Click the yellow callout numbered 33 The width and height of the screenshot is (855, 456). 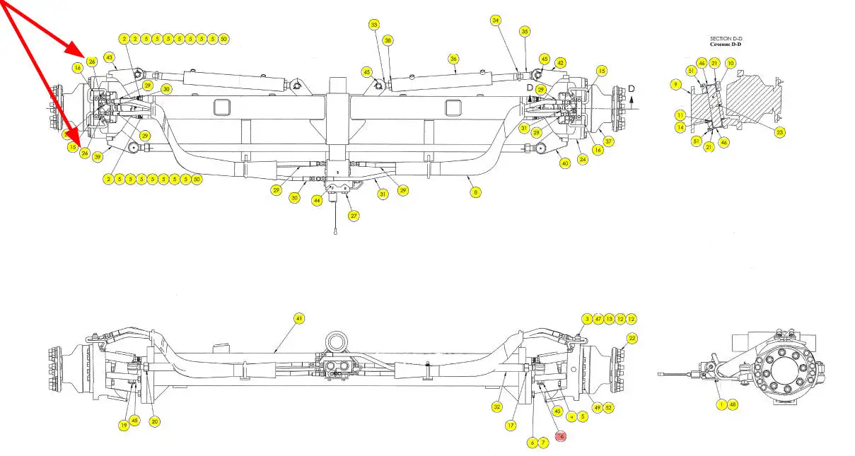(374, 25)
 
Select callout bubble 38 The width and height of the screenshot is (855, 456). (388, 41)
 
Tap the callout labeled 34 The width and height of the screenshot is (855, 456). (496, 21)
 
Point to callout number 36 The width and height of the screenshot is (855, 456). (454, 59)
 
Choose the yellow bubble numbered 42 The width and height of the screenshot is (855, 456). (560, 63)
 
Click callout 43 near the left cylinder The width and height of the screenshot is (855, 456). (109, 57)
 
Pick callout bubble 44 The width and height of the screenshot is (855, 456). (318, 201)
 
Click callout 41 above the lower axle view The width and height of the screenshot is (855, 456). (298, 319)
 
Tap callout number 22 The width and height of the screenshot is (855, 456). (632, 339)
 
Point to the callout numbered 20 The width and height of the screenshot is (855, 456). (155, 421)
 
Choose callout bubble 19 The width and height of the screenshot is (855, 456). (123, 425)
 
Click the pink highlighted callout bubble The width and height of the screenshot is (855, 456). (561, 436)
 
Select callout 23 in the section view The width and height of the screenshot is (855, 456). (780, 131)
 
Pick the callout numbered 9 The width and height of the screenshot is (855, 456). (676, 86)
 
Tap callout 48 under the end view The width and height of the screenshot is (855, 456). (733, 405)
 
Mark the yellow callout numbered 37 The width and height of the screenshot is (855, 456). (609, 141)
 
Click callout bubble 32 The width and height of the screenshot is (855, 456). (497, 407)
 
